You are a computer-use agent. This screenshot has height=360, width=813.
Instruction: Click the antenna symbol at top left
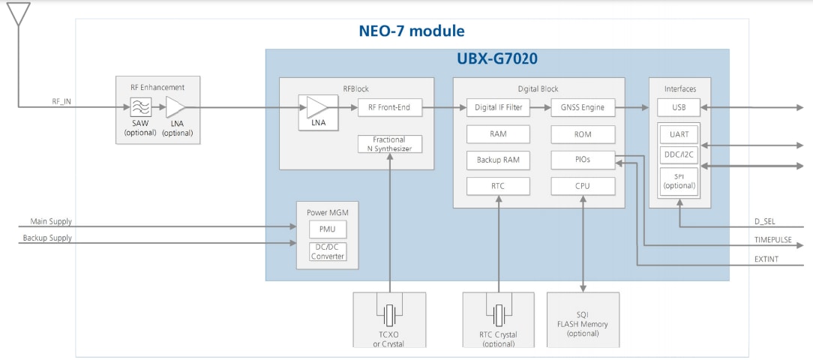click(19, 13)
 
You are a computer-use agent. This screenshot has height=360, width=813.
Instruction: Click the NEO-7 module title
click(411, 31)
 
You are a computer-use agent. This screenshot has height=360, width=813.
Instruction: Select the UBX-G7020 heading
click(497, 58)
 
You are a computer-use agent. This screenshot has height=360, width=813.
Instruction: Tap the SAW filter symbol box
click(140, 107)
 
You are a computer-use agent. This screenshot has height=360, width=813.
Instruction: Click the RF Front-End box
click(389, 108)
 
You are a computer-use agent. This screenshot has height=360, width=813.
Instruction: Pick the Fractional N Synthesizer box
click(389, 144)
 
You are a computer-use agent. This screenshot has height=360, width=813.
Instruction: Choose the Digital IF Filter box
click(498, 108)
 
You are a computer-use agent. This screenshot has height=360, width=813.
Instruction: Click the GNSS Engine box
click(583, 108)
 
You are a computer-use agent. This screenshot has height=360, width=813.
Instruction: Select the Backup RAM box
click(498, 160)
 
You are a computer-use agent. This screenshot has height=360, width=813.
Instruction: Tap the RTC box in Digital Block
click(498, 186)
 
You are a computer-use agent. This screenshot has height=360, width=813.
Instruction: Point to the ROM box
click(583, 134)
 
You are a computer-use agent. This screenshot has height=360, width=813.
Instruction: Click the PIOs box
click(583, 160)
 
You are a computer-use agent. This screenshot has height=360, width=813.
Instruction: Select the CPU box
click(583, 186)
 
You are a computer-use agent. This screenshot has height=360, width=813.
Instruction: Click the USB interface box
click(679, 107)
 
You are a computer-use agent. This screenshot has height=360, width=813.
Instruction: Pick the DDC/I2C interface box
click(679, 154)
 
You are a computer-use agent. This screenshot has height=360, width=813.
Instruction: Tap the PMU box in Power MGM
click(328, 229)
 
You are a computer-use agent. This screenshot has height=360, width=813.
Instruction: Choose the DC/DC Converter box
click(328, 251)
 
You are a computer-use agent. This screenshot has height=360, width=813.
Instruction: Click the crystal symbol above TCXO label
click(389, 313)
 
